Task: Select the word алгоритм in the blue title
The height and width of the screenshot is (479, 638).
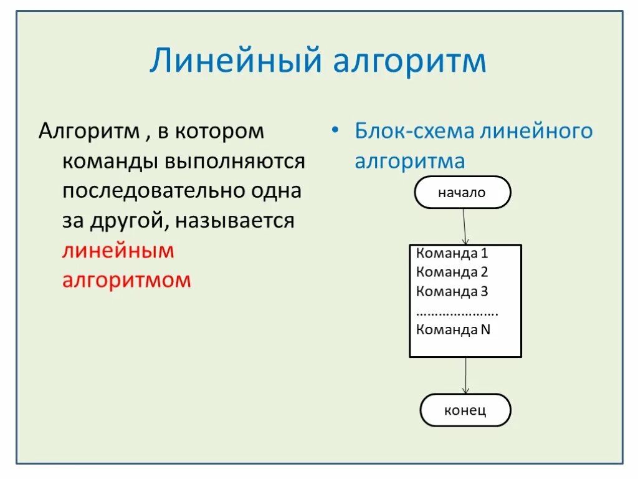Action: pos(410,62)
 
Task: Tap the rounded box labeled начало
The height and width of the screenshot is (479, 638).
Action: pos(462,192)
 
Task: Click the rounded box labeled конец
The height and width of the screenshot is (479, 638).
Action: pos(465,410)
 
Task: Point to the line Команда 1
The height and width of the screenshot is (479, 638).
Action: pos(452,254)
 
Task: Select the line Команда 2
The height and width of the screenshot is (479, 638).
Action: pos(452,273)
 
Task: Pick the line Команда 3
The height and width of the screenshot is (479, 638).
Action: pos(452,291)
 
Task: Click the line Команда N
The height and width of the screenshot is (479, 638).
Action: pos(453,329)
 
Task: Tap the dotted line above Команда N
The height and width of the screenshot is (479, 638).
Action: pos(457,312)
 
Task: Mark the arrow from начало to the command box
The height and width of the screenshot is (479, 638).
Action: pos(464,226)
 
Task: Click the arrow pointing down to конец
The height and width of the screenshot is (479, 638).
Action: pos(465,375)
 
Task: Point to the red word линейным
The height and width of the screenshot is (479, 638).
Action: pos(118,251)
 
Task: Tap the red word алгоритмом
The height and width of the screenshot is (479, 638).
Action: pos(126,280)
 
